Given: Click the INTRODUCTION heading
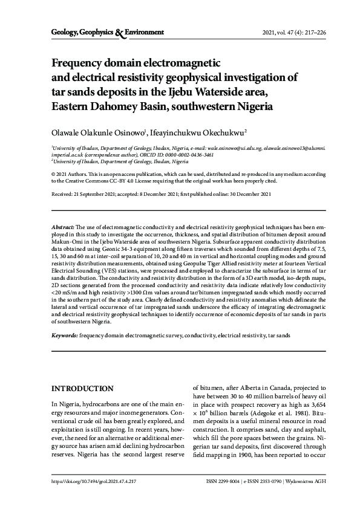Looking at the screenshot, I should [82, 387].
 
